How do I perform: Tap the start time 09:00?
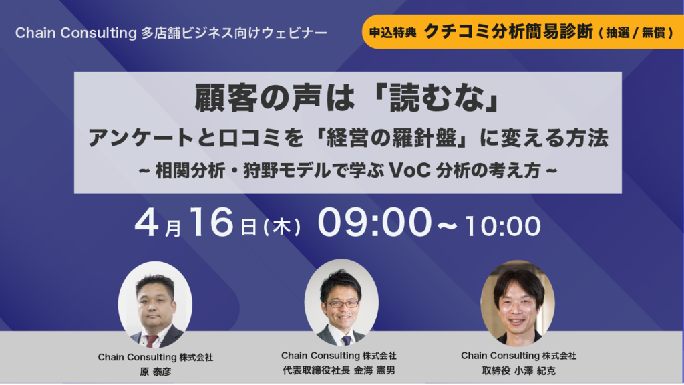[x=374, y=223]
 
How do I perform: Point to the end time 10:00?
[x=502, y=226]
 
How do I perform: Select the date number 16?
[x=211, y=223]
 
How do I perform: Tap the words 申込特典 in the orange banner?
[x=393, y=33]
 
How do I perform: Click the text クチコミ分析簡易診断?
[x=508, y=31]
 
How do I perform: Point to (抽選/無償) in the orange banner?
[x=636, y=33]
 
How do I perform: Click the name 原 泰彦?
[x=155, y=372]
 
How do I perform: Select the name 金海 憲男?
[x=374, y=370]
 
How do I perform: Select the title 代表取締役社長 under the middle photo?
[x=316, y=370]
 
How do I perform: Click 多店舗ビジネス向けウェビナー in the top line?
[x=234, y=33]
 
